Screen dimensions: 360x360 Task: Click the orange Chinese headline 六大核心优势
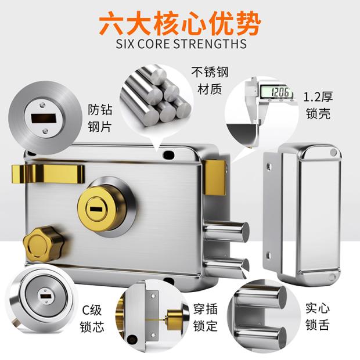pos(180,24)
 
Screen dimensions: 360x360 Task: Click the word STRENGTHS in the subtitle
pos(210,44)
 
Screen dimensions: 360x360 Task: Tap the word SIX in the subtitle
pos(125,44)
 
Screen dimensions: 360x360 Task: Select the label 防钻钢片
pos(100,118)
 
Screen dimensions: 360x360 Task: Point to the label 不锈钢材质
pos(210,81)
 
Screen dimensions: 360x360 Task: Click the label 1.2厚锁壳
pos(318,105)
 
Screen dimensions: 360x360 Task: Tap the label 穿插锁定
pos(205,318)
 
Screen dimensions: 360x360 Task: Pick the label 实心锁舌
pos(318,316)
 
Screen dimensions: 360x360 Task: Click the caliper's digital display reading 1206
pos(276,92)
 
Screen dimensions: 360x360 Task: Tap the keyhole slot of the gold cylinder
pos(96,209)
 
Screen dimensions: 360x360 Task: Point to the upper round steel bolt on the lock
pos(226,231)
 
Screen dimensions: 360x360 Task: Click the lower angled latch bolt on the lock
pos(226,268)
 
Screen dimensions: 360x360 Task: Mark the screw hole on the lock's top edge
pos(168,155)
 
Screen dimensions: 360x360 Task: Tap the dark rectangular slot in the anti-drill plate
pos(44,118)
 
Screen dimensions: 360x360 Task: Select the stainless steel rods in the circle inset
pos(156,93)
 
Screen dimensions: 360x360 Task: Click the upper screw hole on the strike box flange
pos(268,165)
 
